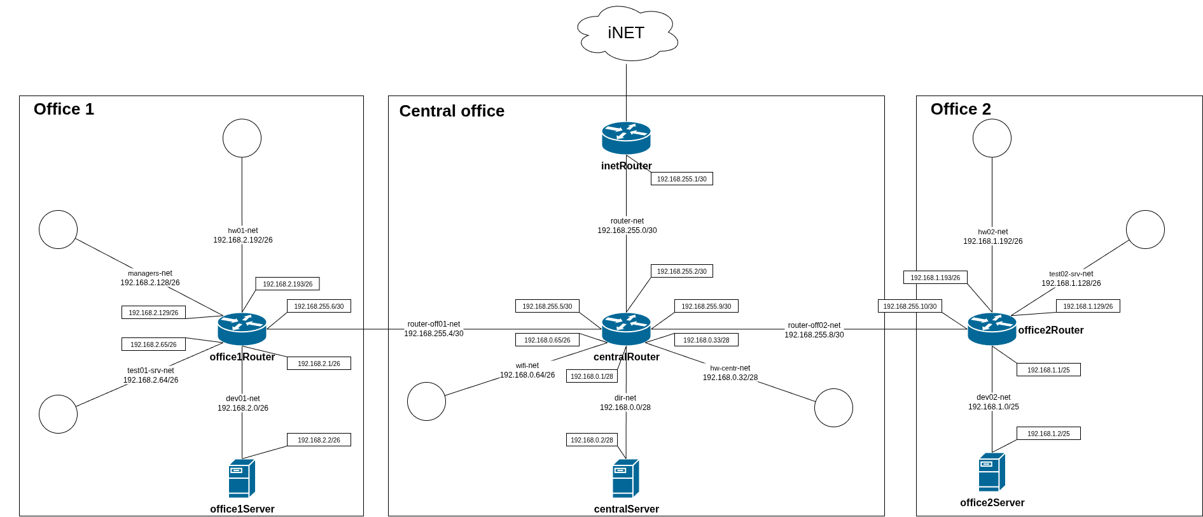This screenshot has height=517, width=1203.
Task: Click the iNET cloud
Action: point(627,33)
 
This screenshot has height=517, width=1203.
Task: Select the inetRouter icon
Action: point(626,138)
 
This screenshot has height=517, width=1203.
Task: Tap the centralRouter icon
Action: point(626,329)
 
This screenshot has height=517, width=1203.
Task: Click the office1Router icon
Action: point(242,329)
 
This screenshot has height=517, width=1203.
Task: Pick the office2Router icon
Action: point(992,329)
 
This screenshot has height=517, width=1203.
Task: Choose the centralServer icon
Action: point(625,478)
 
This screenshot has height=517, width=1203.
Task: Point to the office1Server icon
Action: point(242,478)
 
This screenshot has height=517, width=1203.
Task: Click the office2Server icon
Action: point(992,472)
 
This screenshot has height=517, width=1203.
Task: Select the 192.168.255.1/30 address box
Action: point(681,179)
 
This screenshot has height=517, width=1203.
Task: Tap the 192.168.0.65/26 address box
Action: point(547,340)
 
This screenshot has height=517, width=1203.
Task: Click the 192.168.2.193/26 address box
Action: point(288,284)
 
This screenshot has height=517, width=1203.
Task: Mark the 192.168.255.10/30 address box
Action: point(910,306)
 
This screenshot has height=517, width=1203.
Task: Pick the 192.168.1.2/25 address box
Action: point(1048,434)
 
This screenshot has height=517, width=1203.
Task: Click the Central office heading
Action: point(452,111)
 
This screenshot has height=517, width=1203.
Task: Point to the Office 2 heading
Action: point(961,109)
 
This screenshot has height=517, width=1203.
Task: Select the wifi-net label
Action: point(527,365)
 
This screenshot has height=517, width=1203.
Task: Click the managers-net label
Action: point(150,273)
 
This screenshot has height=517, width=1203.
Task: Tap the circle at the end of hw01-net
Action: point(242,138)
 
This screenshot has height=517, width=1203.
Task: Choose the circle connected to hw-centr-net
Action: point(833,407)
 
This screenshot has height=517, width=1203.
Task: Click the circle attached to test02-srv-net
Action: point(1145,229)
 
